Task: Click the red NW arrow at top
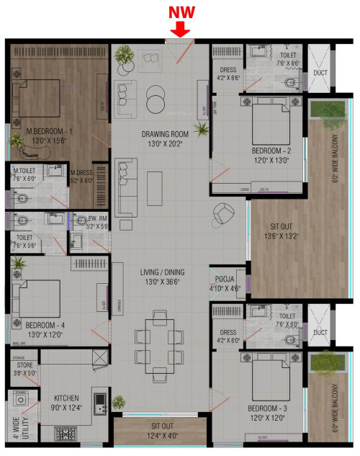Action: pyautogui.click(x=180, y=27)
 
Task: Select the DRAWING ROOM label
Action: pyautogui.click(x=165, y=134)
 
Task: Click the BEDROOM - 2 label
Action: pyautogui.click(x=271, y=151)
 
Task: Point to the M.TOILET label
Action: pyautogui.click(x=24, y=171)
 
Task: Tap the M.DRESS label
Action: pyautogui.click(x=82, y=172)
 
